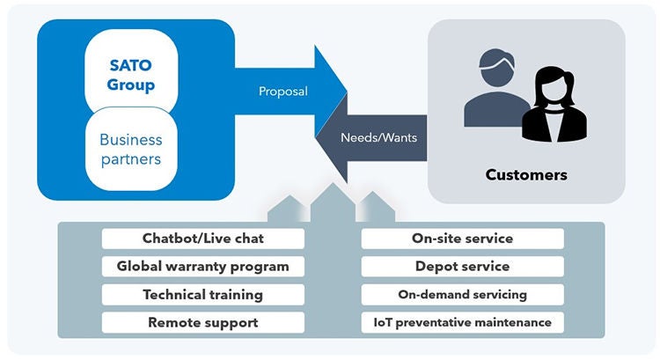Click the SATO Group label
coord(131,76)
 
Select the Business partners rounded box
coord(131,150)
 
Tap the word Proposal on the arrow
coord(282,92)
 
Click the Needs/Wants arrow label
coord(378,137)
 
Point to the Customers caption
coord(526,174)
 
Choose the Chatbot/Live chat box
coord(202,239)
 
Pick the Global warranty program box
coord(202,266)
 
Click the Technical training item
coord(202,294)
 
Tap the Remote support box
coord(202,322)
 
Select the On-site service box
coord(462,239)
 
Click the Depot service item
coord(462,266)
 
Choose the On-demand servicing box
coord(462,294)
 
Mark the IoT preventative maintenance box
coord(462,322)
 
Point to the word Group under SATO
coord(131,85)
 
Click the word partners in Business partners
coord(131,159)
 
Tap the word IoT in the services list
coord(384,322)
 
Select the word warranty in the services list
coord(202,266)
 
